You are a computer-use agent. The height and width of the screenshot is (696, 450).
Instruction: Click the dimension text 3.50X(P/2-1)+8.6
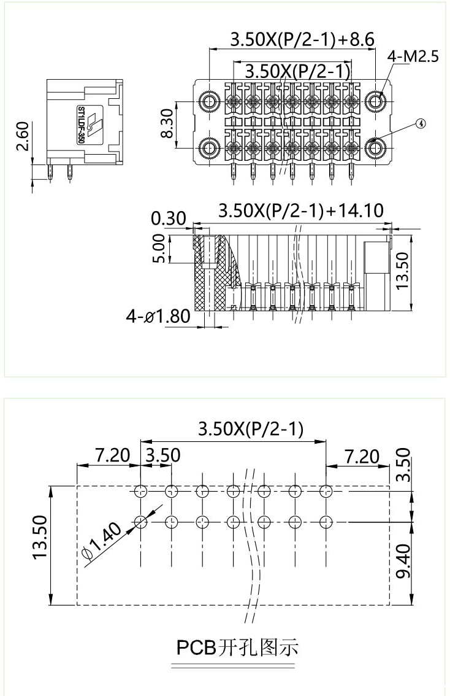302,40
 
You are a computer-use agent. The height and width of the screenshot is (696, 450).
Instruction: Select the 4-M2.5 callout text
413,57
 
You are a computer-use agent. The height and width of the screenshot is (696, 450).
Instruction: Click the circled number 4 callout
420,123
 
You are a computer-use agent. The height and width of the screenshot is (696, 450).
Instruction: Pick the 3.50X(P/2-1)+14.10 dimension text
301,211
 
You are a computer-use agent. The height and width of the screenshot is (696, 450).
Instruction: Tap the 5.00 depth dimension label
158,249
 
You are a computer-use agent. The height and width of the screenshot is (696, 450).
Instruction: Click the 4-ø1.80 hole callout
158,317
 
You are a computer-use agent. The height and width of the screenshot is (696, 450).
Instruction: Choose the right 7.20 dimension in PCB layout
361,455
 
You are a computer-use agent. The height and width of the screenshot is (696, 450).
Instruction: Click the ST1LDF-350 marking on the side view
81,125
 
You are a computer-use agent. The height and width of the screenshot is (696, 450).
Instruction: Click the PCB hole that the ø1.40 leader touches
140,522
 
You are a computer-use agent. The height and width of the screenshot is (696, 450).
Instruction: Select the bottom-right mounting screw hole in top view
375,147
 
